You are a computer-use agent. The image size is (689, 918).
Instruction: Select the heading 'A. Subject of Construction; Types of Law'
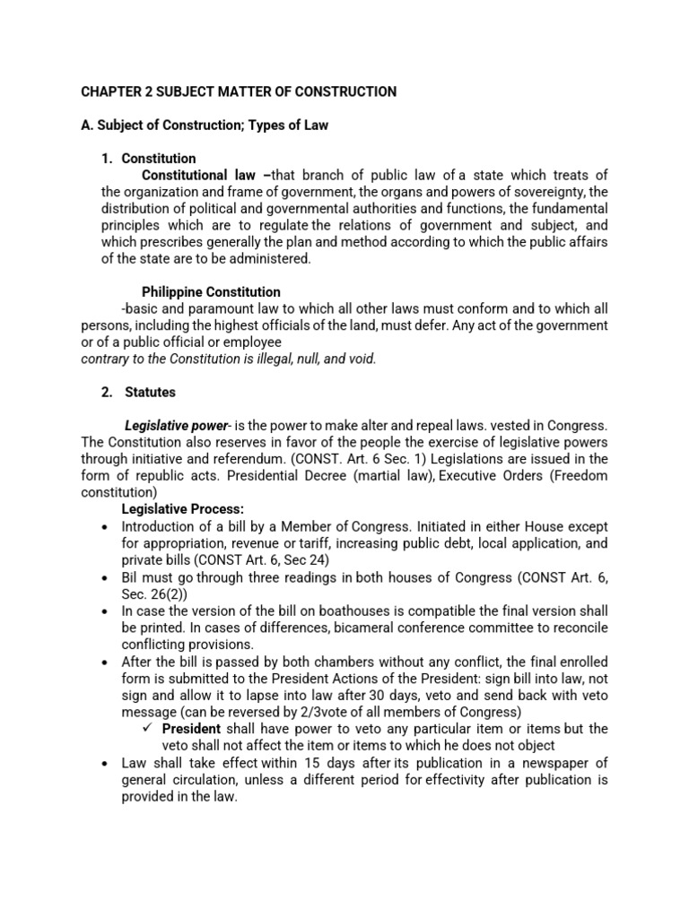205,126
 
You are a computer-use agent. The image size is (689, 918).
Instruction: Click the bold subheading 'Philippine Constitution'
211,292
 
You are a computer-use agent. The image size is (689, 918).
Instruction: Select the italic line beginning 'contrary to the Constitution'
229,359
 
